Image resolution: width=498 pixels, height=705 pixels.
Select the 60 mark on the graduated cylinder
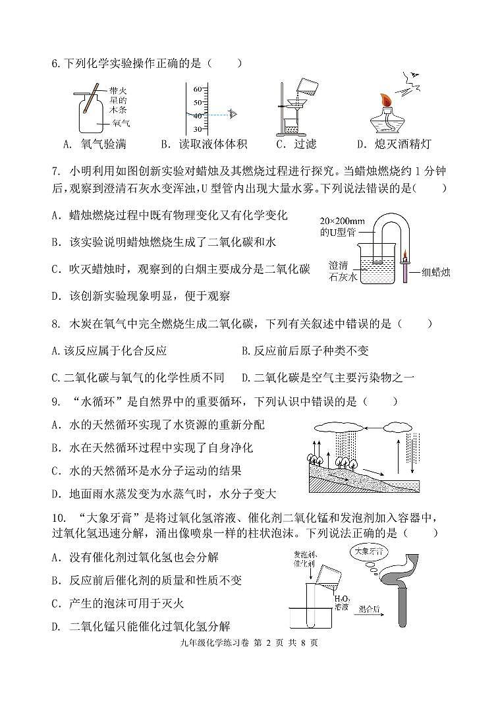tap(197, 88)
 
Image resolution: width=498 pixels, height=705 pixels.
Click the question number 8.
tap(55, 324)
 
